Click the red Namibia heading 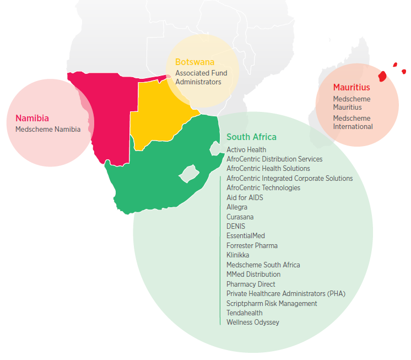click(x=32, y=118)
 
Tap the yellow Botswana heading click(x=194, y=62)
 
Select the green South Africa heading click(x=251, y=137)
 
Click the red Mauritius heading click(x=351, y=87)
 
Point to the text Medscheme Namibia click(x=48, y=129)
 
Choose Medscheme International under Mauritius click(x=353, y=122)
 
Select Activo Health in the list click(x=246, y=149)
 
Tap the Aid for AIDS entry click(x=245, y=197)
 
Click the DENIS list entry click(x=236, y=226)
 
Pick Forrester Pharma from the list click(x=252, y=245)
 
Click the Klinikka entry click(x=237, y=255)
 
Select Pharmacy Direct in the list click(x=251, y=284)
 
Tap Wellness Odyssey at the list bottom click(x=252, y=322)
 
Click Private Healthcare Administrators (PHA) click(x=285, y=293)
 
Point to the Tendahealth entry click(x=245, y=313)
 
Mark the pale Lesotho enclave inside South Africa click(x=188, y=173)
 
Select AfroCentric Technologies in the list click(x=263, y=187)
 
